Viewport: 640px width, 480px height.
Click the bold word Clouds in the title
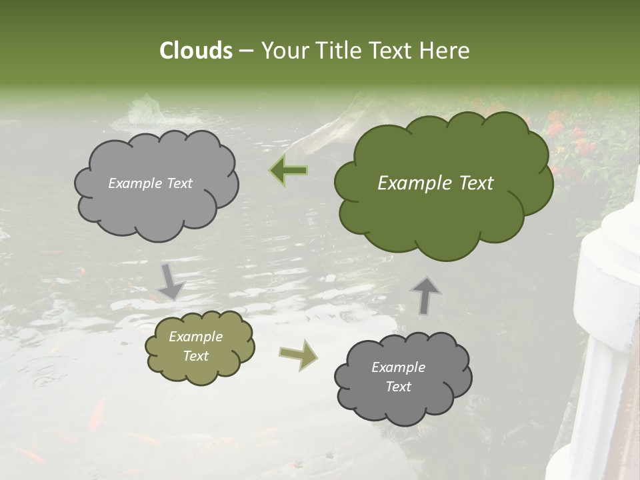(x=195, y=51)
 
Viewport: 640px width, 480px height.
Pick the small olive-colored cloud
(x=199, y=347)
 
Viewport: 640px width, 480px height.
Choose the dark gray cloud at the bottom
(x=403, y=378)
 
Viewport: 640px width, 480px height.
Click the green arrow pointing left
(x=289, y=171)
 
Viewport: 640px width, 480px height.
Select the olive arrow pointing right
(x=299, y=355)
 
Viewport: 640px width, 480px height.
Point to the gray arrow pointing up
(x=426, y=295)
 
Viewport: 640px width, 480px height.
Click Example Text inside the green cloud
(x=435, y=183)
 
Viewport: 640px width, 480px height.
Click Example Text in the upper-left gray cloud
(x=150, y=183)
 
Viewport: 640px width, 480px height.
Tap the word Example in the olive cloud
(x=195, y=337)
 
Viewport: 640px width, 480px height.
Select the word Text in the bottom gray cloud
(x=398, y=387)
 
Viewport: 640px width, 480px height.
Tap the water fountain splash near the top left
(x=144, y=111)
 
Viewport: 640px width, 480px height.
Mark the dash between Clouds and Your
(x=245, y=51)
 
